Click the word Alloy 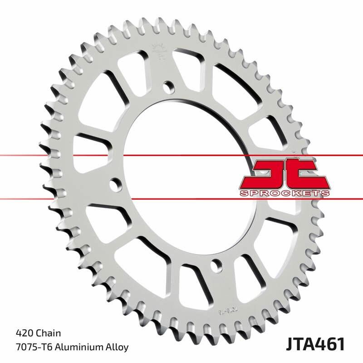pos(116,347)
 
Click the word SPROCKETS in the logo pos(284,193)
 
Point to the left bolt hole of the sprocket pos(117,184)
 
